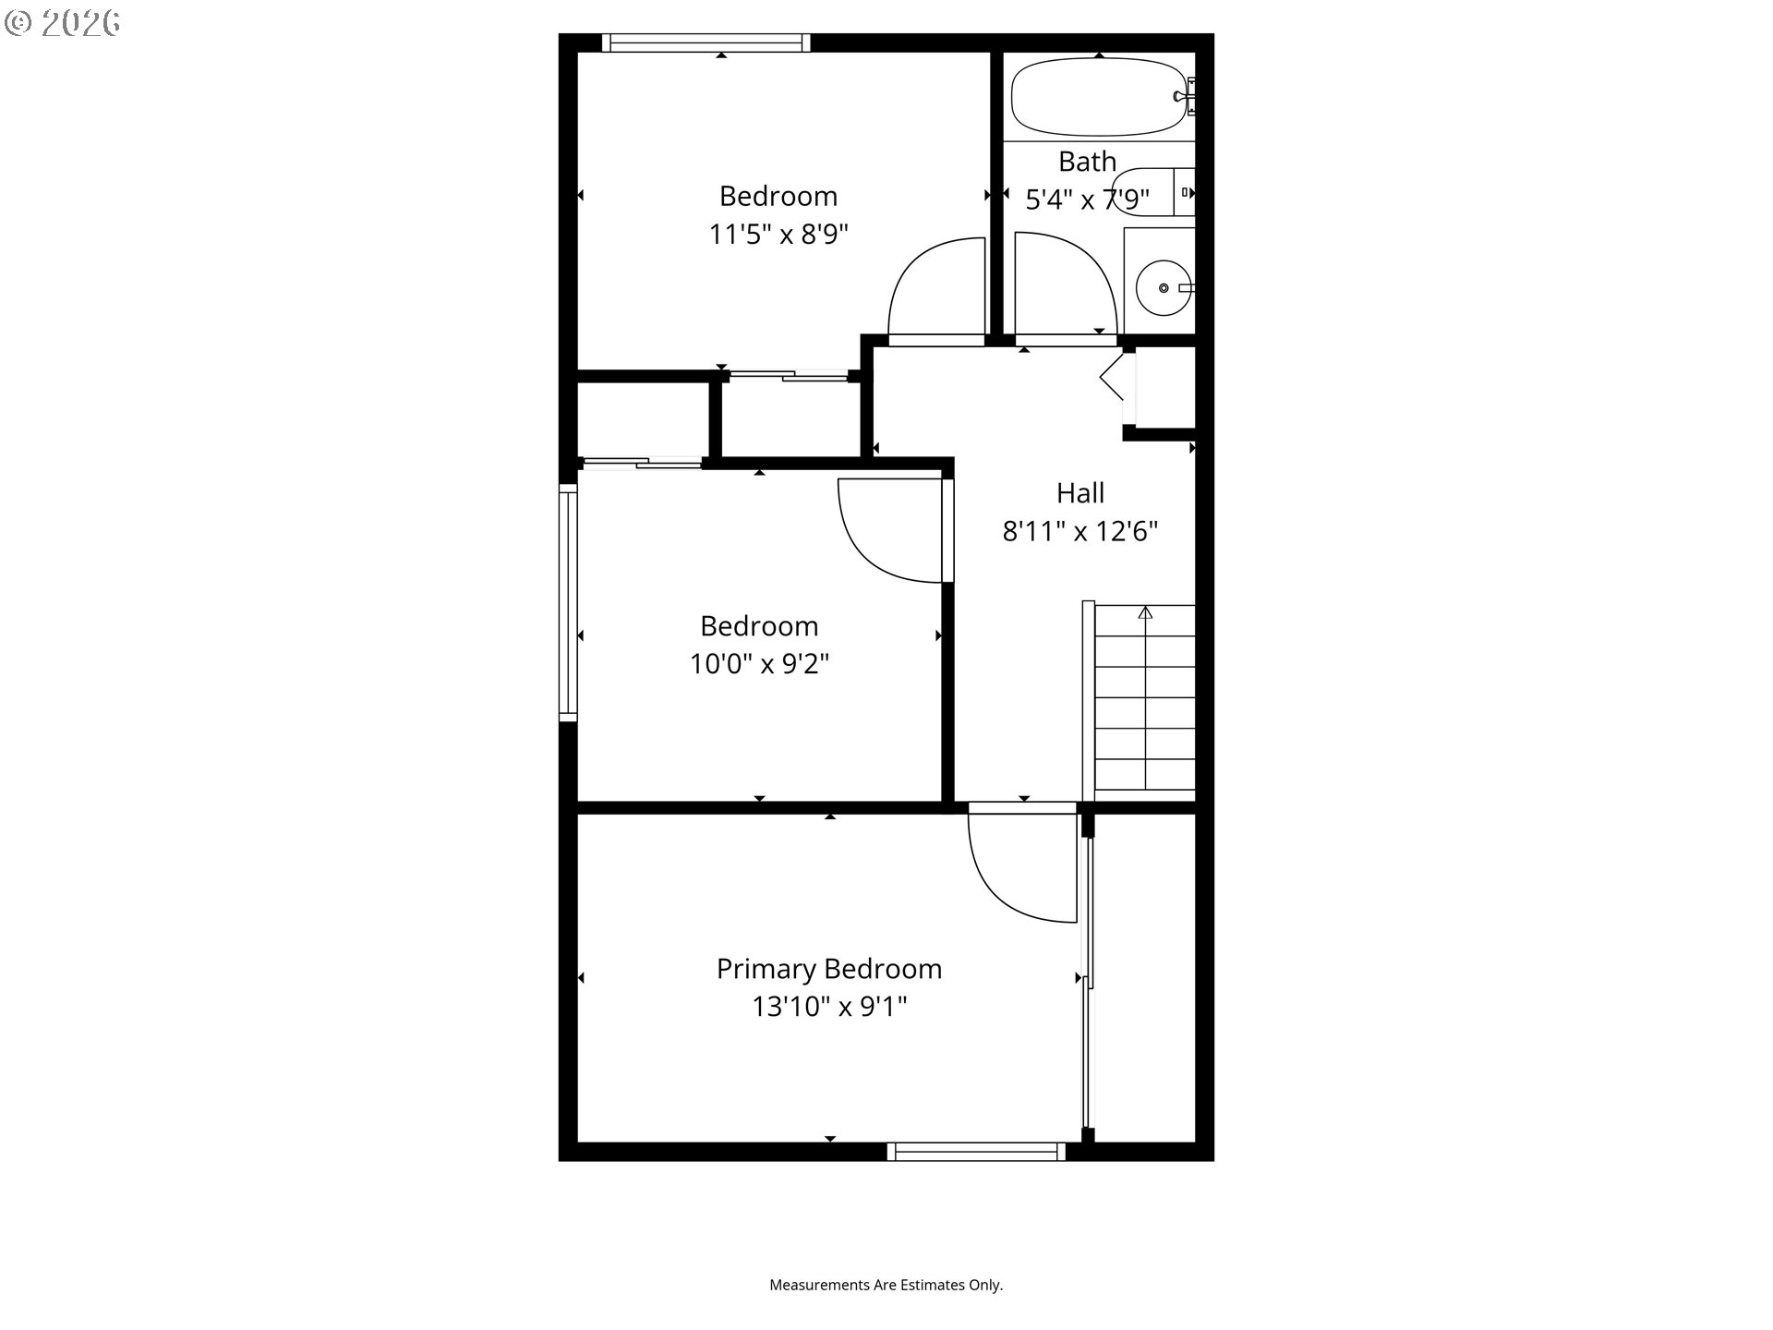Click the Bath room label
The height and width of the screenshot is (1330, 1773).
pos(1087,162)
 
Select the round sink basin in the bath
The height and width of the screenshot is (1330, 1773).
pos(1158,288)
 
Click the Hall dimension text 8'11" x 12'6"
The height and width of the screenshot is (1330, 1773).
pos(1080,532)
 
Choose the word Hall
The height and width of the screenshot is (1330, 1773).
pos(1080,493)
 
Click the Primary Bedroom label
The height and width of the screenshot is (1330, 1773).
pos(829,969)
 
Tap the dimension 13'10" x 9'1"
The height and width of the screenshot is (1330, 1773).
pos(829,1007)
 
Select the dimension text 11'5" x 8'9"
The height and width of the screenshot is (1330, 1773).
pos(778,235)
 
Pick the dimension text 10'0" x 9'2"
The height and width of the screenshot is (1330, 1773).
pos(759,664)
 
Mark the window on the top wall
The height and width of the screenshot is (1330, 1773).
pos(706,42)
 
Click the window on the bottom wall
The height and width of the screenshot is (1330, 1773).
pos(976,1152)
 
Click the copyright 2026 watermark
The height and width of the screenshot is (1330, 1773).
pos(62,23)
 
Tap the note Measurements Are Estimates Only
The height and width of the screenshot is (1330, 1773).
pos(886,1285)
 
